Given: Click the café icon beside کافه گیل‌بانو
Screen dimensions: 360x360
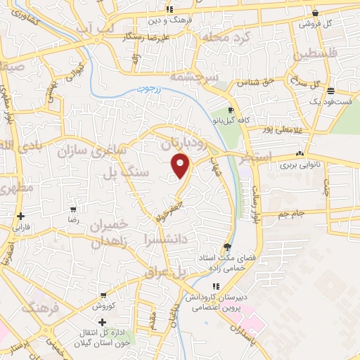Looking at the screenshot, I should click(x=231, y=110).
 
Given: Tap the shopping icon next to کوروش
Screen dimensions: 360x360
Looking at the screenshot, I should click(x=103, y=295).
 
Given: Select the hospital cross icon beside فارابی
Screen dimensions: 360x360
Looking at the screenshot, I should click(x=22, y=217).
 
